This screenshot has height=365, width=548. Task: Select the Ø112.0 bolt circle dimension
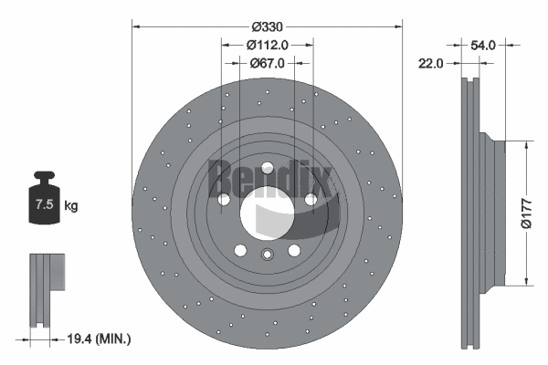(268, 44)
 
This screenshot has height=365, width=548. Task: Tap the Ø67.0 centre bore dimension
(268, 63)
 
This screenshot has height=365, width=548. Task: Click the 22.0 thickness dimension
(432, 63)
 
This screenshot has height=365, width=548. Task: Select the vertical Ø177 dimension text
(525, 213)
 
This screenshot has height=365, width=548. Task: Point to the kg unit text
(71, 206)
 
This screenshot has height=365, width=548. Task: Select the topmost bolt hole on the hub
(267, 169)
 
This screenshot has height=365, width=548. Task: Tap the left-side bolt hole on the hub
(223, 200)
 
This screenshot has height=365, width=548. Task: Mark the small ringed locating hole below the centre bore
(268, 255)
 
